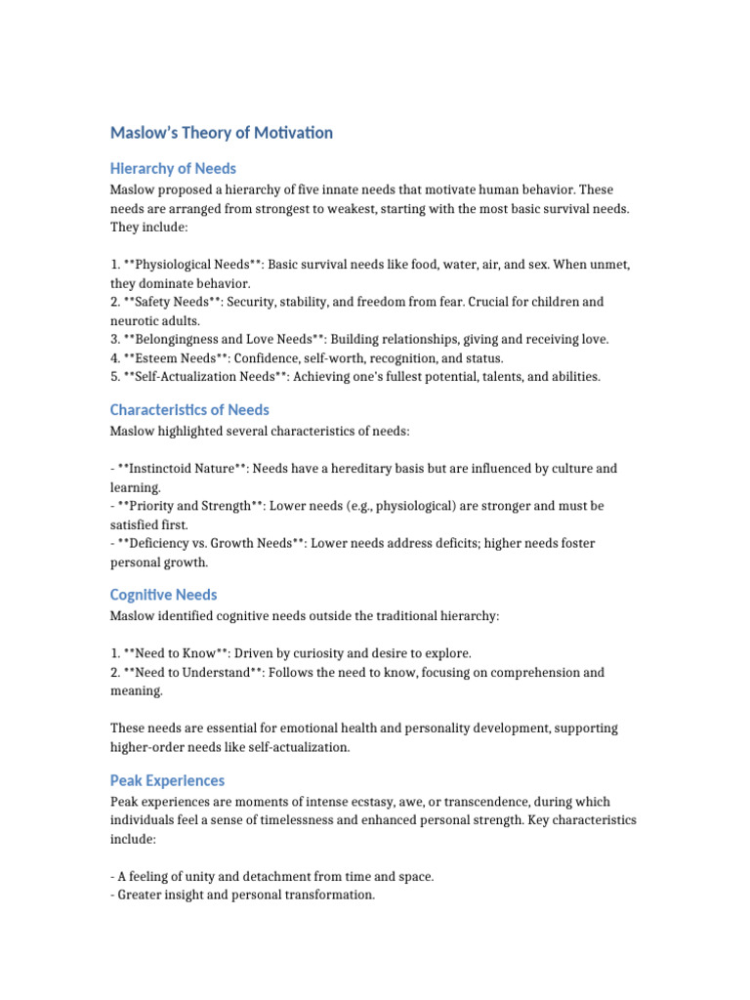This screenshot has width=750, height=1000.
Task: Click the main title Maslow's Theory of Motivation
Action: coord(221,133)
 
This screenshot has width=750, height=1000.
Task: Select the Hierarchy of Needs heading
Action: coord(173,169)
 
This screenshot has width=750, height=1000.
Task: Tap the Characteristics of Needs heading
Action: coord(189,410)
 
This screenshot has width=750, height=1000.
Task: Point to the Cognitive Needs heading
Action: coord(163,595)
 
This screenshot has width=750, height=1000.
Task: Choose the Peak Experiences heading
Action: coord(167,780)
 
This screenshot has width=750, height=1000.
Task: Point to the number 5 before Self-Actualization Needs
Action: coord(113,376)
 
